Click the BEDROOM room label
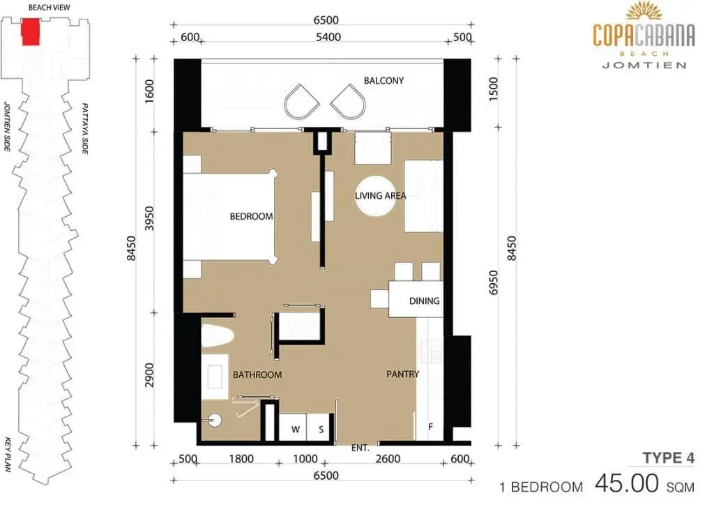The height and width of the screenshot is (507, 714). [251, 216]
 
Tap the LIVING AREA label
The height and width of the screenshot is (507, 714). [380, 196]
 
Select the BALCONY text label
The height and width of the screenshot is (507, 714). [384, 81]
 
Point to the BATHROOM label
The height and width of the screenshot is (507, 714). [257, 375]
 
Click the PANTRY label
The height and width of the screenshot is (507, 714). [402, 374]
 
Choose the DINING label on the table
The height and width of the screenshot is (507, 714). [425, 301]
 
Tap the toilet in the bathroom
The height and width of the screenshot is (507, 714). [218, 335]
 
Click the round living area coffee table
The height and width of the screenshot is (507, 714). [376, 197]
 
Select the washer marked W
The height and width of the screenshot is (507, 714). [294, 427]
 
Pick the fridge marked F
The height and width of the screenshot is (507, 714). [430, 427]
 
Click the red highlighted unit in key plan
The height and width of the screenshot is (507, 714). [31, 32]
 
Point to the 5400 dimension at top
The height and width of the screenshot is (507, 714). [328, 37]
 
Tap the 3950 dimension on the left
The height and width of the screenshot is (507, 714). [150, 218]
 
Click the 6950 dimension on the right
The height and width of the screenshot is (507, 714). [494, 282]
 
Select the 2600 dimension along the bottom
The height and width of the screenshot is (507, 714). [388, 459]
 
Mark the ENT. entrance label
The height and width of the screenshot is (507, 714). [360, 448]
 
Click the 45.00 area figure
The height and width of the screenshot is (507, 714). [627, 483]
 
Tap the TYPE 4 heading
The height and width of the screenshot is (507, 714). [669, 458]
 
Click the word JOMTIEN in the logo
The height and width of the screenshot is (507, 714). [644, 65]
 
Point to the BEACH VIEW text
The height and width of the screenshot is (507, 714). [50, 8]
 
